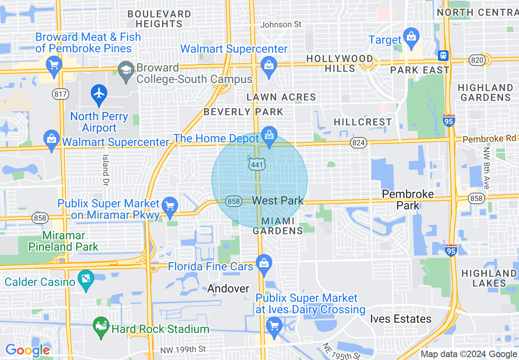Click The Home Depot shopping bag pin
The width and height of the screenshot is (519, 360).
coord(269,136)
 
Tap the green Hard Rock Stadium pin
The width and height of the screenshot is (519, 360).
coord(101,326)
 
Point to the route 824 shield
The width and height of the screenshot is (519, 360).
coord(359,143)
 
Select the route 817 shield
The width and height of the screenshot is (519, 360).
coord(60,94)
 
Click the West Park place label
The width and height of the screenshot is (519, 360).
coord(278,200)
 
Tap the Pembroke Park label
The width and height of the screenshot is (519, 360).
coord(408,199)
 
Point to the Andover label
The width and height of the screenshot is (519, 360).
coord(228,288)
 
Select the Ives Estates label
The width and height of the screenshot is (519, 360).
coord(401,319)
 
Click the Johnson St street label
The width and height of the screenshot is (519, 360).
coord(281,25)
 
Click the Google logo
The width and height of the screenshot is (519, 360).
coord(27,350)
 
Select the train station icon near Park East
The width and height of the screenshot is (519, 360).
coord(443,55)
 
